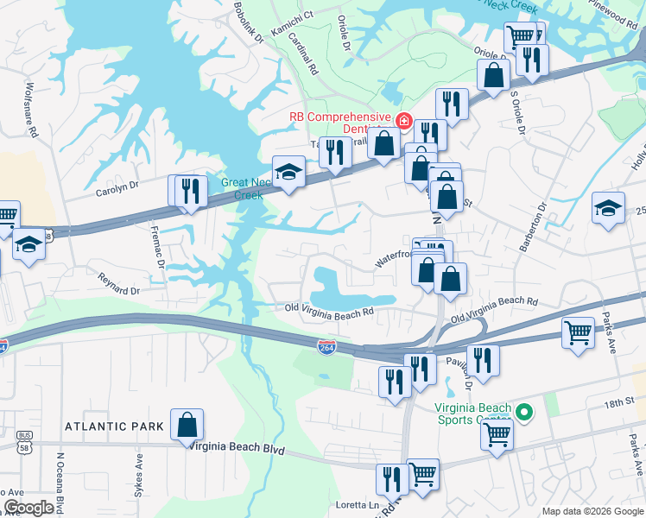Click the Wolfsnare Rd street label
(33, 110)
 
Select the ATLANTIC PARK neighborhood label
(112, 426)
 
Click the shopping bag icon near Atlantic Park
(187, 425)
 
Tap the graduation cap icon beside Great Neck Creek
(288, 171)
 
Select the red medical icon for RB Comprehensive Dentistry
(402, 120)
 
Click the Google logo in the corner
(28, 507)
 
